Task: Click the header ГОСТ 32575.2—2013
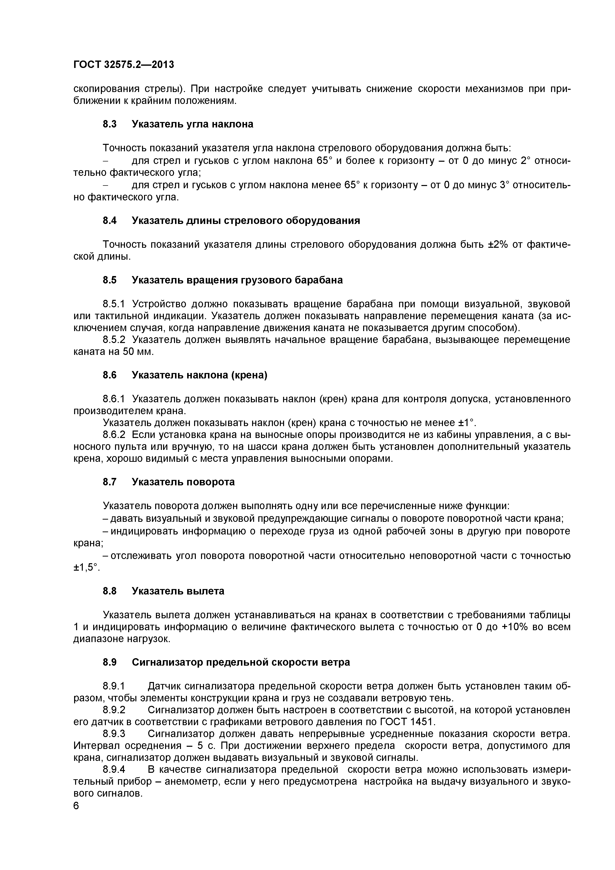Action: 123,65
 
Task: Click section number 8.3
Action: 110,124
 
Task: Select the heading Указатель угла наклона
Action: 192,124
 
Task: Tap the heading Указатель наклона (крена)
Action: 200,375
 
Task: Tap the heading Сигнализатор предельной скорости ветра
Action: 241,662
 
